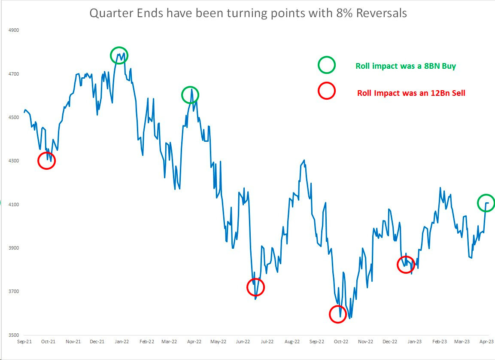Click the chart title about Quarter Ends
[248, 13]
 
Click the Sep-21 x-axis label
[24, 342]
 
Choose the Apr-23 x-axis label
[486, 342]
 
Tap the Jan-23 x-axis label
[414, 342]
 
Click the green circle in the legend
[326, 66]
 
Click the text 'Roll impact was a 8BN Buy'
[406, 66]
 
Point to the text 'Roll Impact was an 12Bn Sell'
[411, 93]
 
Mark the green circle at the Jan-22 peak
[119, 55]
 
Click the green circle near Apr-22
[190, 95]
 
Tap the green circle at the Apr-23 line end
[486, 203]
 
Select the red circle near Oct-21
[46, 160]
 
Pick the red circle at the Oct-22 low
[338, 314]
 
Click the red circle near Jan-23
[406, 264]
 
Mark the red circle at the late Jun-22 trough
[256, 287]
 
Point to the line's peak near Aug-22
[304, 160]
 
